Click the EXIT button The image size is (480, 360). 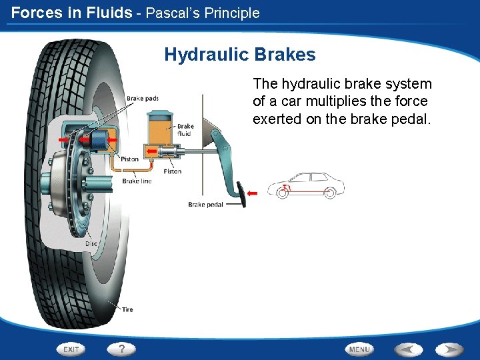[71, 349]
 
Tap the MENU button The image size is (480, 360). [359, 349]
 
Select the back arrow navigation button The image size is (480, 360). [407, 349]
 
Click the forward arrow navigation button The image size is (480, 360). [449, 349]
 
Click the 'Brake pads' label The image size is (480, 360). [143, 99]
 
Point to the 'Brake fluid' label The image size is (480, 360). [185, 130]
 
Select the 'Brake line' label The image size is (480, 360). [137, 181]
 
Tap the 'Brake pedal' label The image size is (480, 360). [205, 205]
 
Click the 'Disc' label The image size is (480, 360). [91, 243]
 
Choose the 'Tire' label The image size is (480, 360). [127, 309]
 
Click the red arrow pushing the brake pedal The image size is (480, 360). [252, 193]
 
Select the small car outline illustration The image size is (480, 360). [306, 186]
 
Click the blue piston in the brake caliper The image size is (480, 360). [101, 140]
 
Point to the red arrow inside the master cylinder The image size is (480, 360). [152, 152]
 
